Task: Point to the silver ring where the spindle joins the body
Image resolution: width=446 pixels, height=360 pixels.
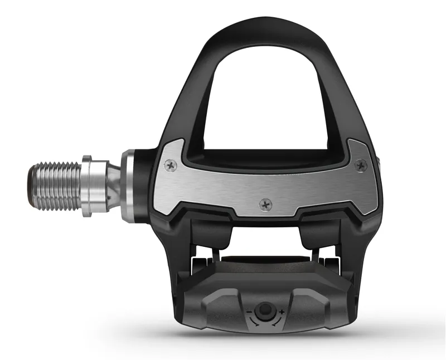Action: click(x=130, y=186)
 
